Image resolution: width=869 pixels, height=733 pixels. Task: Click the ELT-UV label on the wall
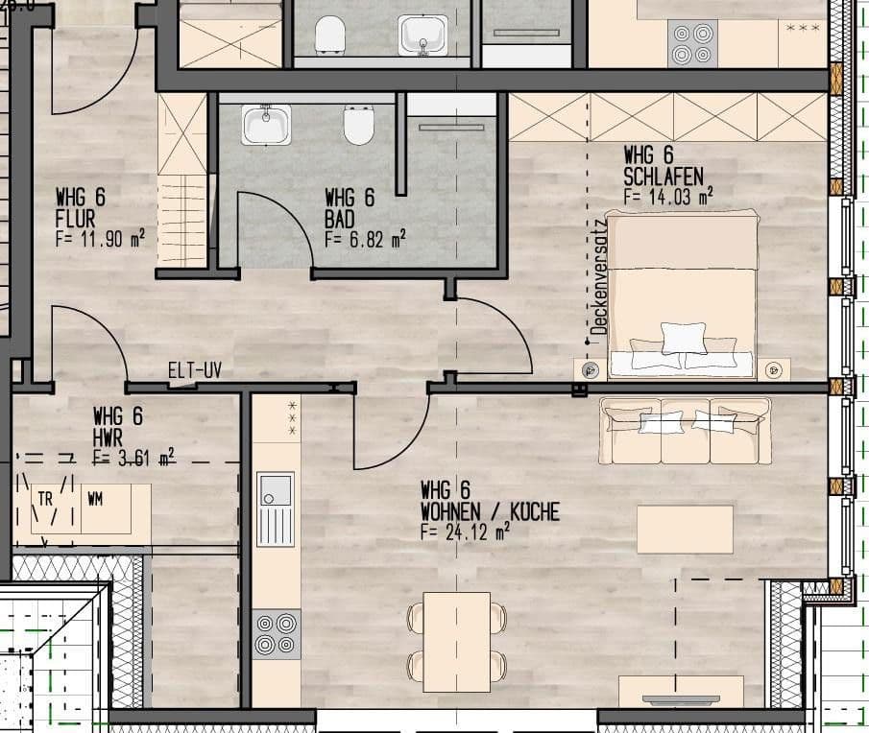click(195, 370)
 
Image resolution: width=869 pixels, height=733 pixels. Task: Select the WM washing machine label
click(95, 499)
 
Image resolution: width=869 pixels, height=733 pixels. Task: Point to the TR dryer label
click(45, 499)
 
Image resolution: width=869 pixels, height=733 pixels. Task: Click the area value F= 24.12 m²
click(465, 530)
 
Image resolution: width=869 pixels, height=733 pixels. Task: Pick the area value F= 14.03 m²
click(667, 196)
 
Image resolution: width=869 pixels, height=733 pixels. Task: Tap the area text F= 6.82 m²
click(365, 238)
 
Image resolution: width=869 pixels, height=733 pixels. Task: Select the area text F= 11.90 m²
click(100, 239)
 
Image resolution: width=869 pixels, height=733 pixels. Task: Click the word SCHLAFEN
click(664, 176)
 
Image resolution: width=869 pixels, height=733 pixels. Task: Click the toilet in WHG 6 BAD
click(358, 125)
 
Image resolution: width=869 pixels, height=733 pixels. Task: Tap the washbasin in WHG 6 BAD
click(266, 125)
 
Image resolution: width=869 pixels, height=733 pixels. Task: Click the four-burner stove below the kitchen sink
click(277, 633)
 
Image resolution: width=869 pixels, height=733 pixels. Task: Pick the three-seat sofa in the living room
click(686, 429)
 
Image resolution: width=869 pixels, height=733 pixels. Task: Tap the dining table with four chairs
click(456, 641)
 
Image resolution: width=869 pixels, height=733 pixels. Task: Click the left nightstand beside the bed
click(590, 368)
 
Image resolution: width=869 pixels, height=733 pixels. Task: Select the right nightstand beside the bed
click(775, 368)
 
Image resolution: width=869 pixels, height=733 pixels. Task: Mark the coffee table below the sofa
click(685, 529)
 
